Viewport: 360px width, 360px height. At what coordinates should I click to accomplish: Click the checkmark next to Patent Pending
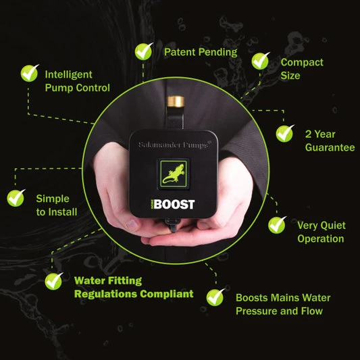[144, 51]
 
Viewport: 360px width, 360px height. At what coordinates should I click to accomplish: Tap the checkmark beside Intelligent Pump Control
[29, 72]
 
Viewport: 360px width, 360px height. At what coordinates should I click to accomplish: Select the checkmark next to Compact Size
[261, 61]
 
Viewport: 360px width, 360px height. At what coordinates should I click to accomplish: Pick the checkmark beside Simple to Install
[15, 198]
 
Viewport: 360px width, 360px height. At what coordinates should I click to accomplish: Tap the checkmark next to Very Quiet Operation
[277, 224]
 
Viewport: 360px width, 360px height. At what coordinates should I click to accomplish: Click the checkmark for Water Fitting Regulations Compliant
[53, 280]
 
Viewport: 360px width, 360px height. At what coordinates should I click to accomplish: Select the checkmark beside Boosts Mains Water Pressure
[215, 296]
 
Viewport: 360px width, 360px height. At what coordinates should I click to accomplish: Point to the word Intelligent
[68, 74]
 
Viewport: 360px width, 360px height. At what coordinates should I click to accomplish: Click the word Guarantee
[330, 147]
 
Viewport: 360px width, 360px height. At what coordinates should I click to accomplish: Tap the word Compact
[302, 62]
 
